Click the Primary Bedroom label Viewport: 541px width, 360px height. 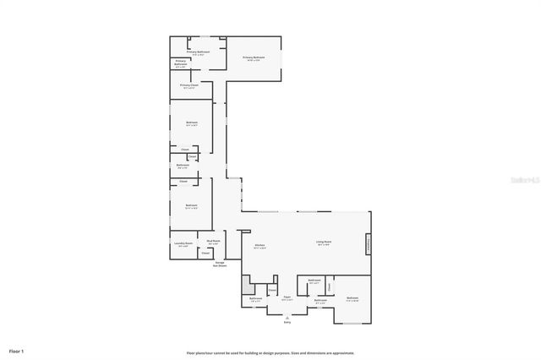coord(254,58)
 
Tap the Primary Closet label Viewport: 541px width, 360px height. coord(189,85)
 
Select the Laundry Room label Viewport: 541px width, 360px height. coord(183,244)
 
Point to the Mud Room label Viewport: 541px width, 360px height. coord(213,242)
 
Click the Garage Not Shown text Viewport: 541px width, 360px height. coord(219,264)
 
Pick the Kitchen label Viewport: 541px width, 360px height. coord(260,247)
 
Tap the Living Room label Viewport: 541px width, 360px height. coord(324,243)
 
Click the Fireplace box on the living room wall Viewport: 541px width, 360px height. coord(368,244)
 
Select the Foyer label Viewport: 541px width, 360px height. coord(287,297)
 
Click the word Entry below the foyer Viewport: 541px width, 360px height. coord(287,322)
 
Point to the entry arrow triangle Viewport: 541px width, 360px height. coord(287,316)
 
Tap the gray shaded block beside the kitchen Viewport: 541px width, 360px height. coord(247,286)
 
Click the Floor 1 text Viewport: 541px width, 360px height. coord(16,350)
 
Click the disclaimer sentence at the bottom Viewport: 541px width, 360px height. coord(270,352)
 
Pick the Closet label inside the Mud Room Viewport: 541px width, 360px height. coord(205,253)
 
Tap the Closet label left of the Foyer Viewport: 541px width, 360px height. coord(272,290)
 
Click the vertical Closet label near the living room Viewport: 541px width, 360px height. coord(329,286)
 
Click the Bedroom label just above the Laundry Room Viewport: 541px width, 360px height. coord(191,205)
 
